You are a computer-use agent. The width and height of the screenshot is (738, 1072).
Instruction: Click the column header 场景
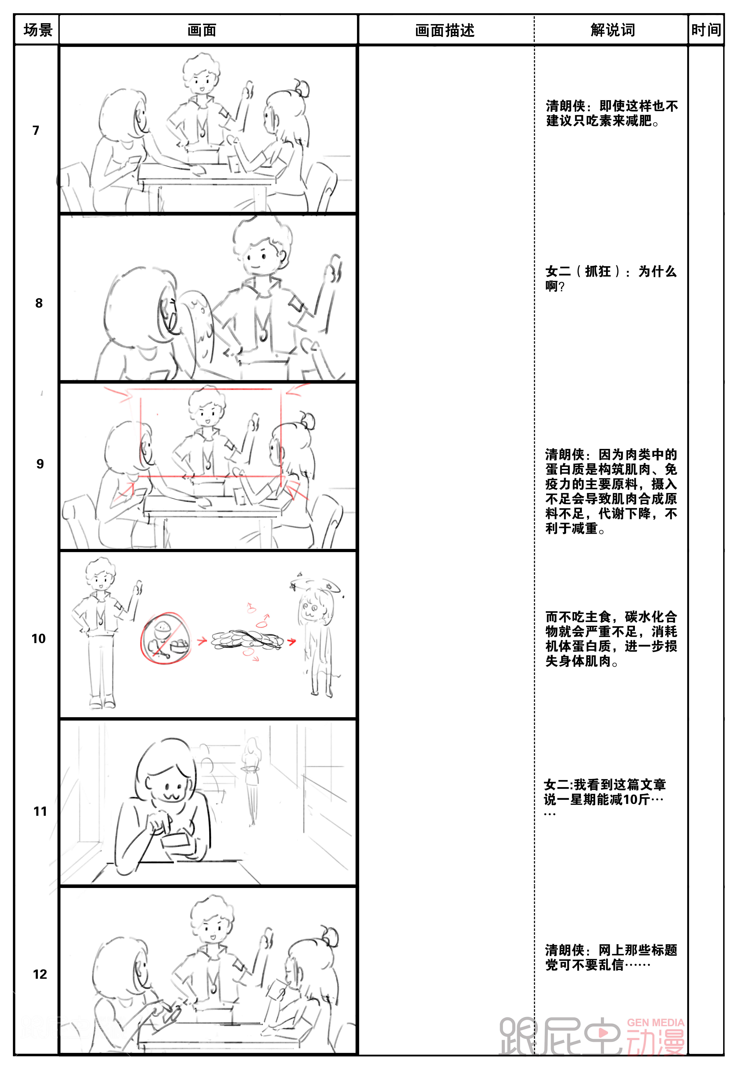[38, 30]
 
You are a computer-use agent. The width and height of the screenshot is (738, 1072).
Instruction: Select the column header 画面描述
[445, 31]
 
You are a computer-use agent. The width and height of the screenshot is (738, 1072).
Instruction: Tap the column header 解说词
[613, 30]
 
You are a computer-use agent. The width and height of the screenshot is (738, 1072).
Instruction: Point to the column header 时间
[706, 30]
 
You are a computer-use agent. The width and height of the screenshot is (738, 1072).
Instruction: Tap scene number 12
[40, 974]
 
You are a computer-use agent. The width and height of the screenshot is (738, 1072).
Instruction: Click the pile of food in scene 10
[247, 640]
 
